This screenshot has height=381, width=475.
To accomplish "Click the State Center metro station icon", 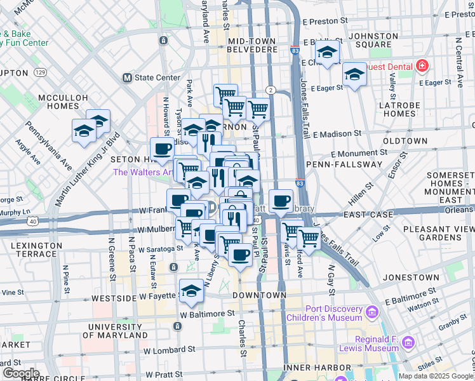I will [x=127, y=78].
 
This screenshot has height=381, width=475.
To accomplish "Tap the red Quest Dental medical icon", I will [x=421, y=65].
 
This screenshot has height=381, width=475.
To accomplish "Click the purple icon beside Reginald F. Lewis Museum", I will [x=408, y=344].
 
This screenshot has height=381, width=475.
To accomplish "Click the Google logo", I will [x=21, y=373].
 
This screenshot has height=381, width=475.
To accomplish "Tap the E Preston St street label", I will [x=326, y=20].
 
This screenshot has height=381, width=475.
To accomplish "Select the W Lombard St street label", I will [x=169, y=351].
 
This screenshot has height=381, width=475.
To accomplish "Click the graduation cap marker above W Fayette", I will [x=191, y=291].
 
